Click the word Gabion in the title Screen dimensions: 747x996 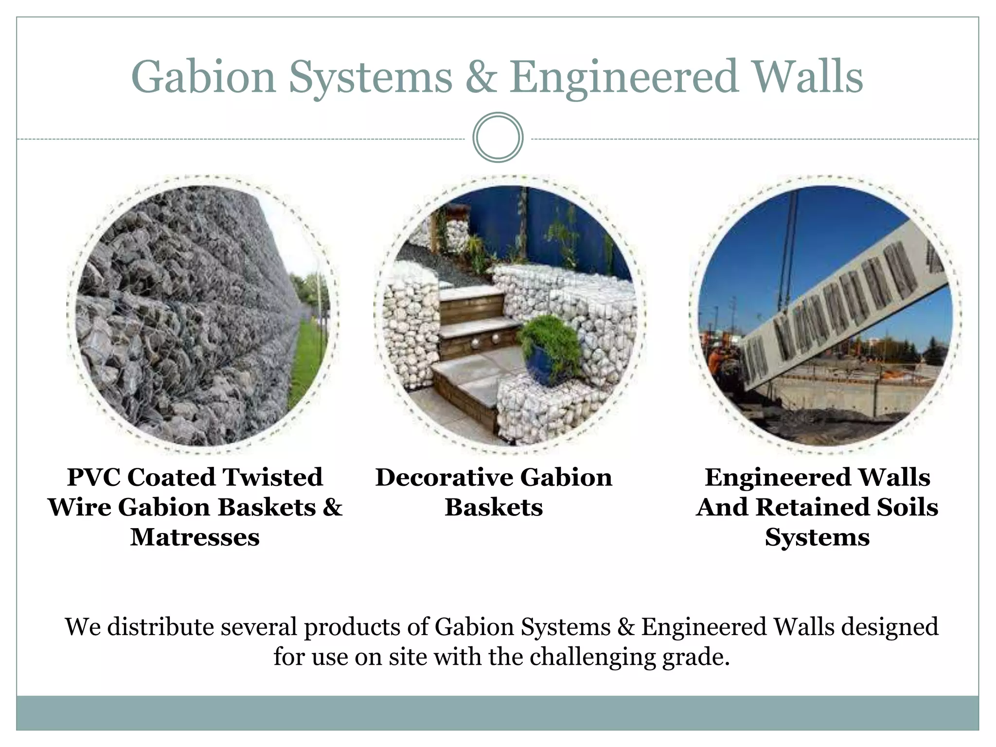(x=203, y=78)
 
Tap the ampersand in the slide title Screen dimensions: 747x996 (x=480, y=78)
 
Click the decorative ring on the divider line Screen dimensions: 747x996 (x=498, y=138)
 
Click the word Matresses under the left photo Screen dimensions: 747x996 (x=195, y=537)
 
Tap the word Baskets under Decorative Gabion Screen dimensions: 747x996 (x=494, y=507)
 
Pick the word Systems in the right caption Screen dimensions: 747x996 (x=817, y=537)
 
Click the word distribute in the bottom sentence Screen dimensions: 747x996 (x=160, y=627)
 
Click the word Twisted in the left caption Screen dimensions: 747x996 (x=273, y=477)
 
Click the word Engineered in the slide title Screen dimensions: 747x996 (x=623, y=78)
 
